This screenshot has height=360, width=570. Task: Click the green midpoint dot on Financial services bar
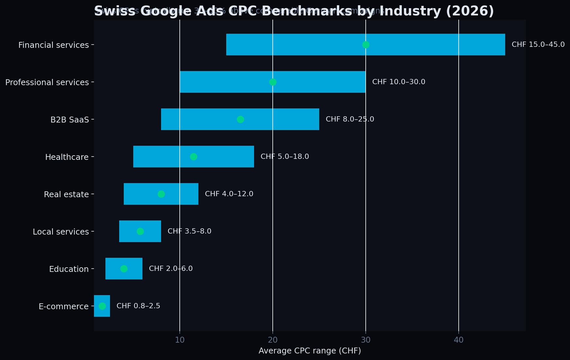366,45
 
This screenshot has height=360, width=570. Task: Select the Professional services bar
229,82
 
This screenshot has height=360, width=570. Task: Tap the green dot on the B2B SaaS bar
240,119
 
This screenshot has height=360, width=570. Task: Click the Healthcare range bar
223,157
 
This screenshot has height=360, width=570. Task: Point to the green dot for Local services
140,231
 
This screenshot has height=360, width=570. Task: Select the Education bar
134,269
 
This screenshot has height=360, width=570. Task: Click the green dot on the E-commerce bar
102,306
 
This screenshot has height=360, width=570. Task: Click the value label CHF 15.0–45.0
538,45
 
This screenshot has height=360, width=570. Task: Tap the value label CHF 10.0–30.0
398,82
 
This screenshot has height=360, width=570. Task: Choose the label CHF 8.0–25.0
350,119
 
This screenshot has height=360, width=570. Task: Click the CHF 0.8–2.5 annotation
138,306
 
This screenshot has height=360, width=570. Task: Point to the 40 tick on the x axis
458,340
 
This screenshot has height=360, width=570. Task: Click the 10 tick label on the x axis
179,340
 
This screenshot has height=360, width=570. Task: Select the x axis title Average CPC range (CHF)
309,351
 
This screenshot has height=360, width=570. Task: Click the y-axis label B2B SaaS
69,120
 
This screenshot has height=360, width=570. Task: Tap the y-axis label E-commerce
64,307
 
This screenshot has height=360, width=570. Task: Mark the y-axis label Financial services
53,45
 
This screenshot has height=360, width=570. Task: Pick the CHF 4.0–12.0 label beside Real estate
229,194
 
